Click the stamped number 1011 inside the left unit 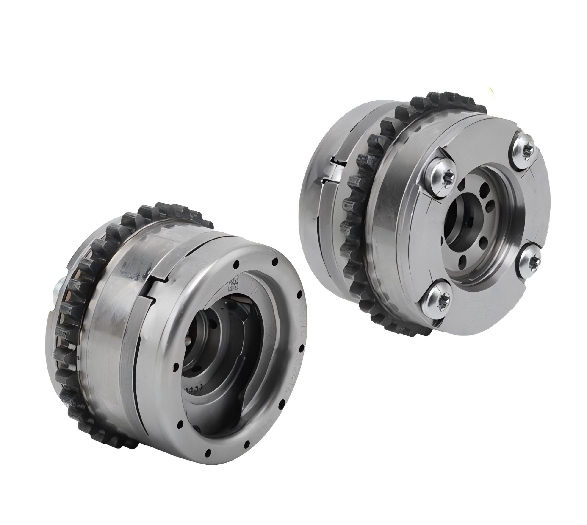[x=196, y=390]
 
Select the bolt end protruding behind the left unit [x=57, y=293]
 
